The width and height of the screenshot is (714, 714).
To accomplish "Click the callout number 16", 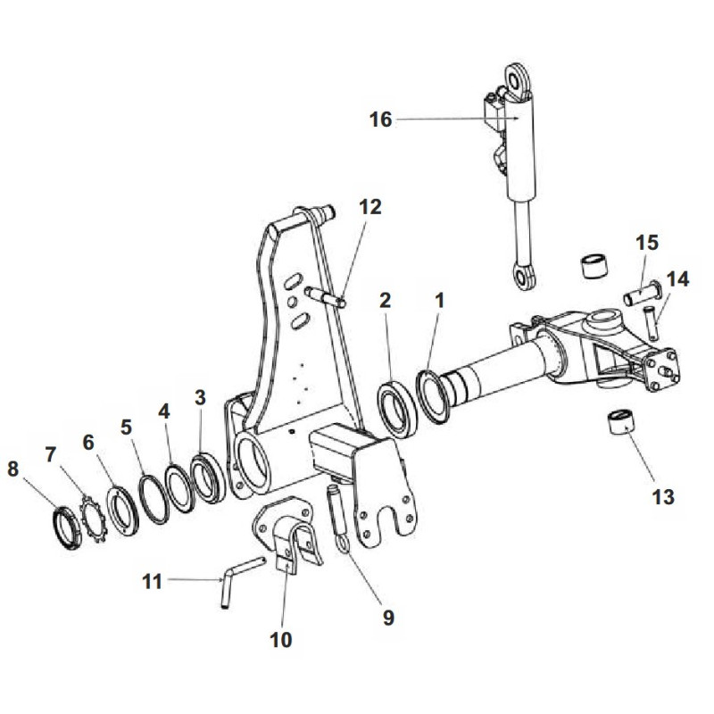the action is coord(380,120).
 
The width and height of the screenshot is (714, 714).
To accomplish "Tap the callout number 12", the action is coord(369,207).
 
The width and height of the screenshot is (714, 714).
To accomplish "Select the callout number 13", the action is coord(663,496).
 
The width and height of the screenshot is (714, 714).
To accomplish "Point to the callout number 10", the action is coord(280,640).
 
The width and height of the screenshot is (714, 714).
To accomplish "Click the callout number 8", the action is coord(12,469).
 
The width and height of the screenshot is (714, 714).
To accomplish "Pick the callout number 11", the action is coord(152,582).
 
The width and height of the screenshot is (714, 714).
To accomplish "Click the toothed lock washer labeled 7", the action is coord(93,519).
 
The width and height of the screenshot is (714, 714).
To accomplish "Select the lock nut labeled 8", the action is coord(67,529).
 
